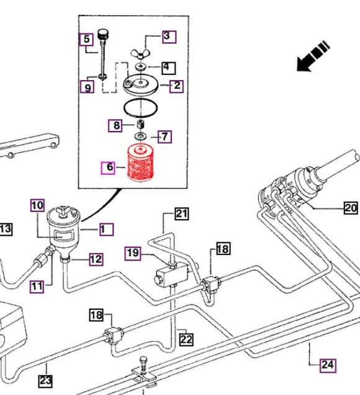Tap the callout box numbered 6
pyautogui.click(x=109, y=167)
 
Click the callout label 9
pyautogui.click(x=88, y=88)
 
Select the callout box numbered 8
pyautogui.click(x=116, y=126)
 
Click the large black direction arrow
pyautogui.click(x=314, y=54)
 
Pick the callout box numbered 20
pyautogui.click(x=351, y=208)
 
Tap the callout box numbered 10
pyautogui.click(x=37, y=205)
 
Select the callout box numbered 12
pyautogui.click(x=95, y=259)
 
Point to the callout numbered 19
pyautogui.click(x=132, y=252)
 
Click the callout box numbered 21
pyautogui.click(x=181, y=215)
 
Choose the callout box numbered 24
pyautogui.click(x=326, y=365)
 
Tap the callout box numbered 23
pyautogui.click(x=45, y=380)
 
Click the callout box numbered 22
pyautogui.click(x=186, y=339)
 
